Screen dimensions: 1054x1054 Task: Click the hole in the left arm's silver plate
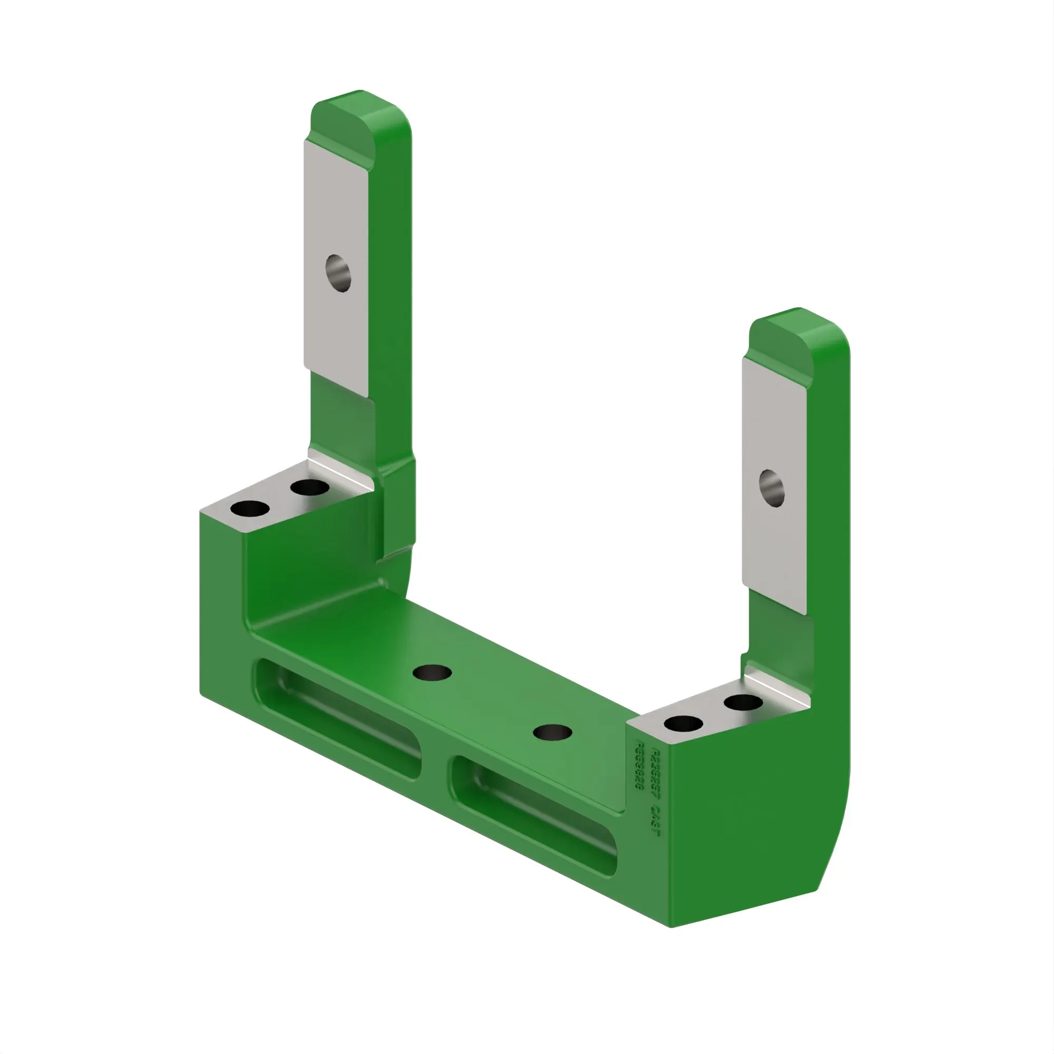tap(338, 273)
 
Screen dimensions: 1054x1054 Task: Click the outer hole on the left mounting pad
tap(250, 509)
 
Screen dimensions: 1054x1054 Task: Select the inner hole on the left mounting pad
tap(309, 486)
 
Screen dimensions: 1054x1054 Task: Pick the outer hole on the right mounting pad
tap(684, 725)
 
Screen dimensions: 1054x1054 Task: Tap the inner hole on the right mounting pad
tap(743, 702)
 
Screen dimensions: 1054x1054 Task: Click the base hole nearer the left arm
tap(432, 672)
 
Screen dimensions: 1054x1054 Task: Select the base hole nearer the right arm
tap(552, 732)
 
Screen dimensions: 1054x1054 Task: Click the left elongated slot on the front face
tap(338, 717)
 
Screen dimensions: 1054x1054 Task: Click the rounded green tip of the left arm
tap(349, 114)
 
